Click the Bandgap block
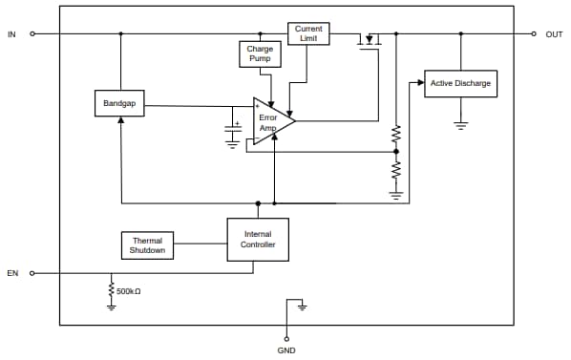pos(120,104)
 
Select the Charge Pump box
pos(260,53)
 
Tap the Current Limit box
pos(308,33)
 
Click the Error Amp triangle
pos(271,121)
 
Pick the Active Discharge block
pos(460,84)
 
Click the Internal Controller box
pos(257,240)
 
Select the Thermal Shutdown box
pos(147,245)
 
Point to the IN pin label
pos(11,34)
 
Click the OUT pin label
pos(554,34)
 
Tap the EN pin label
pos(12,273)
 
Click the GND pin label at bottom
pos(286,350)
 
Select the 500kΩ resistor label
pos(128,290)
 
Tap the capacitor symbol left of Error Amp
pos(232,131)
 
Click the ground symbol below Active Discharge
pos(461,124)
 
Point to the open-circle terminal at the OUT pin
pos(535,33)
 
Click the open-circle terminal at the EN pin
pos(32,273)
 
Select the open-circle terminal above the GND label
pos(286,337)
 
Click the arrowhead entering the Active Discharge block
pos(420,83)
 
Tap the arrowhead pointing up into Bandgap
pos(121,122)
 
